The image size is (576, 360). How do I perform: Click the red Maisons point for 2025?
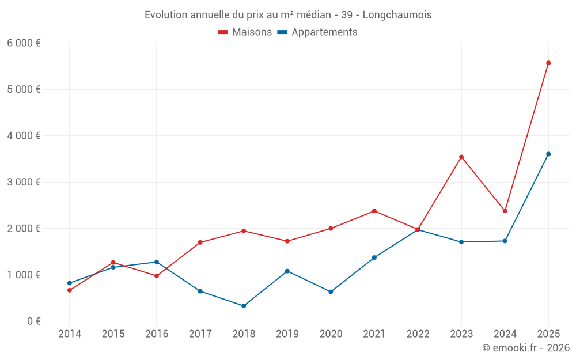(548, 63)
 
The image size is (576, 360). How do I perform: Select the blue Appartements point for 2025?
(548, 154)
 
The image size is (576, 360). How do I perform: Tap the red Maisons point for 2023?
(461, 157)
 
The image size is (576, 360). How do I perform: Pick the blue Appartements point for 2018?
(244, 306)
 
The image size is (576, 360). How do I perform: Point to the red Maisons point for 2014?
(69, 290)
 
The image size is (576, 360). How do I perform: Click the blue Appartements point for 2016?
(157, 262)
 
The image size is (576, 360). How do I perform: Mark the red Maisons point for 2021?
(374, 211)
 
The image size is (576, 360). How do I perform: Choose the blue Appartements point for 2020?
(331, 292)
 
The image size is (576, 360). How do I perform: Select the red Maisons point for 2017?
(200, 242)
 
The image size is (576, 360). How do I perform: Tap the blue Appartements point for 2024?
(505, 241)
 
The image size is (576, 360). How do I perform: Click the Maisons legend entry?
(245, 32)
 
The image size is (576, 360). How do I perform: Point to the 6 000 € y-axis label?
(24, 43)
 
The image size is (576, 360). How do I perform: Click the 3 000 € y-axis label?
(24, 182)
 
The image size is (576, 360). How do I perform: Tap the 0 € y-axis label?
(32, 321)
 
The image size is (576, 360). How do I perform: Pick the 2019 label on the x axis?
(287, 334)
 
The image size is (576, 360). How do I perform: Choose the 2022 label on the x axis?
(418, 334)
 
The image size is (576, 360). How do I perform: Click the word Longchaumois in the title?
(397, 15)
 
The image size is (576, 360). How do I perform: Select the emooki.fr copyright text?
(526, 348)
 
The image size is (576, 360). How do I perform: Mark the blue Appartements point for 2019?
(287, 271)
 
